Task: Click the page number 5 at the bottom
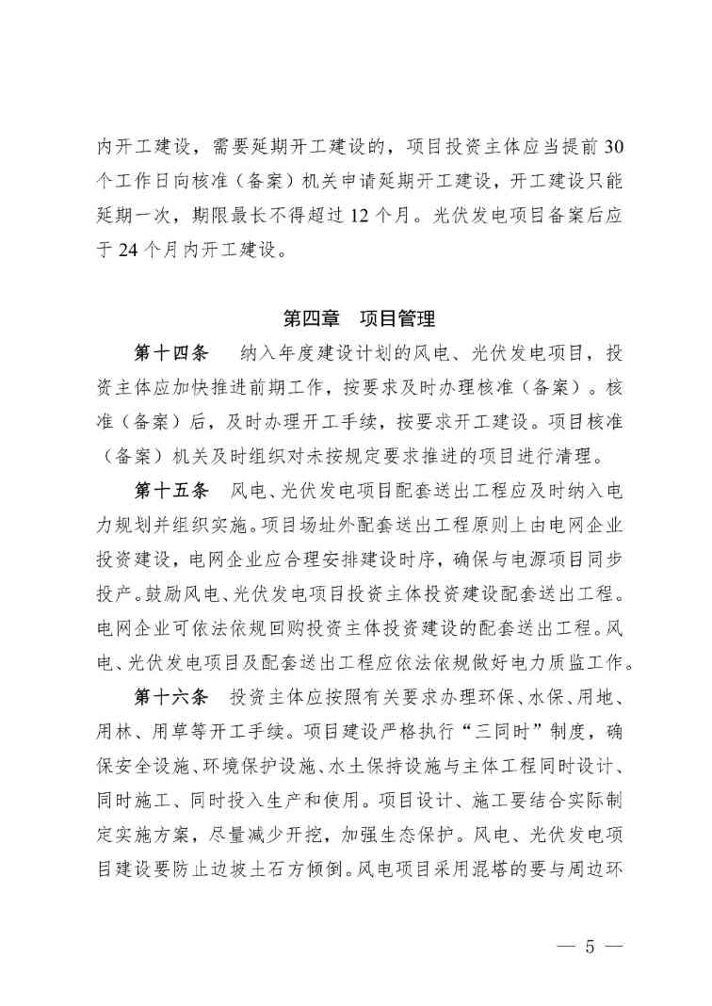[591, 946]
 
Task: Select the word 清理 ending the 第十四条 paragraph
[587, 456]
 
